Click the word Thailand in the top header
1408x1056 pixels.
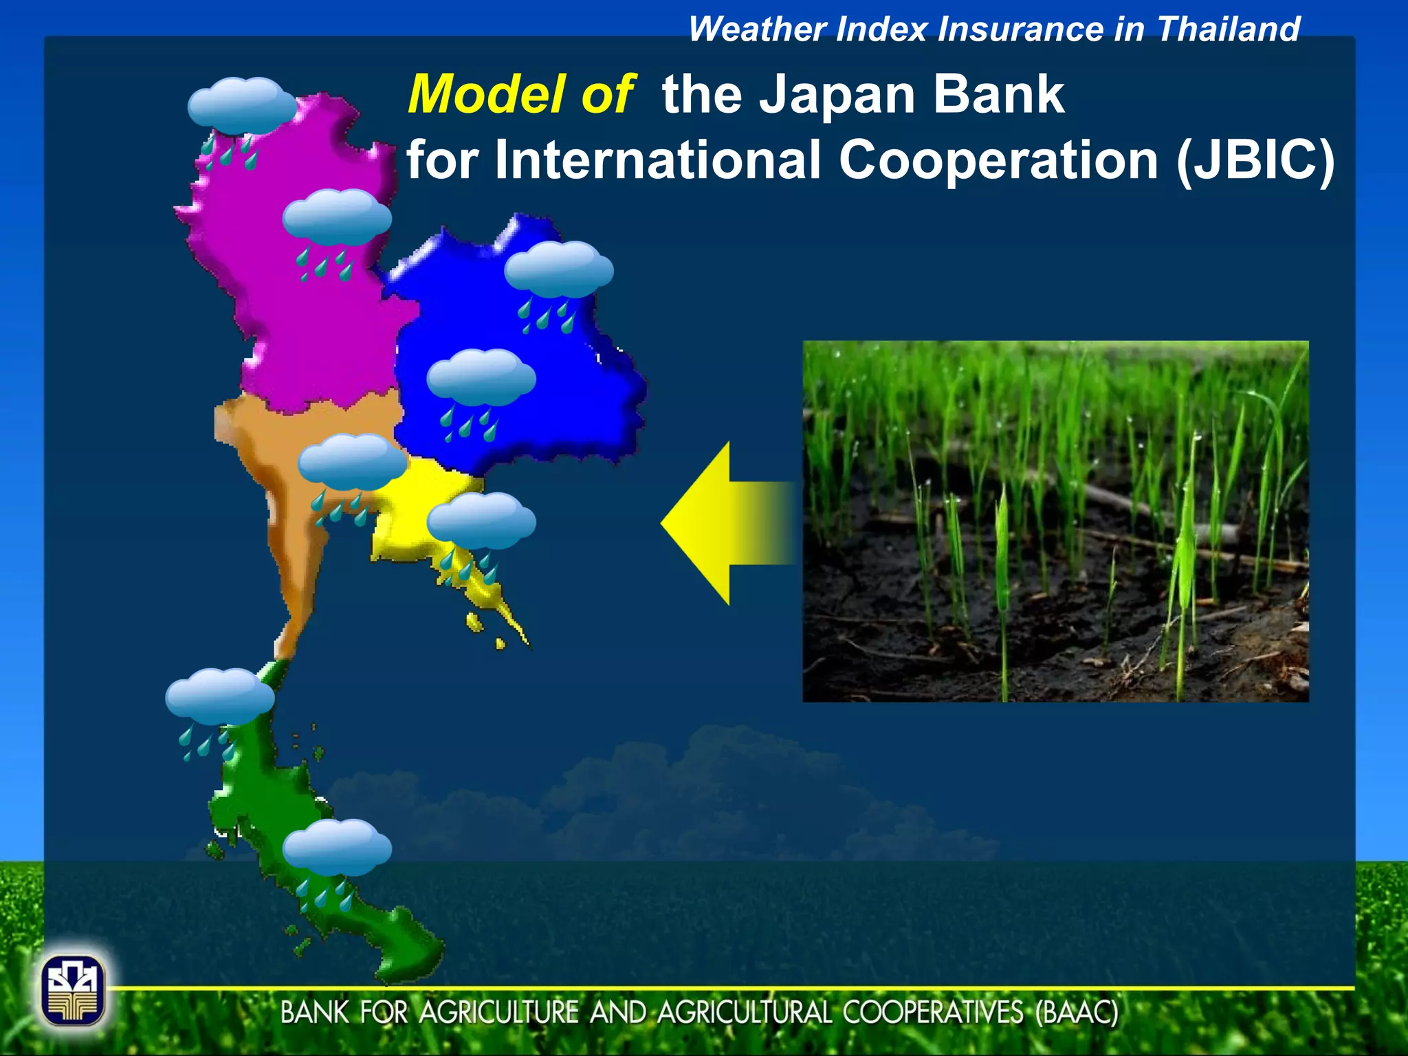tap(1229, 30)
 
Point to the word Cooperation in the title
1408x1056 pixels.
tap(998, 159)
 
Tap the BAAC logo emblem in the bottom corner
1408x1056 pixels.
tap(73, 989)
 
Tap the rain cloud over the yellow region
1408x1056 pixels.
tap(481, 520)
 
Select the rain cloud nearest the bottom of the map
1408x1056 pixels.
tap(336, 846)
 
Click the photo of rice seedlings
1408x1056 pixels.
tap(1055, 521)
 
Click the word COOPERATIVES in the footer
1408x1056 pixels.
tap(932, 1013)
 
